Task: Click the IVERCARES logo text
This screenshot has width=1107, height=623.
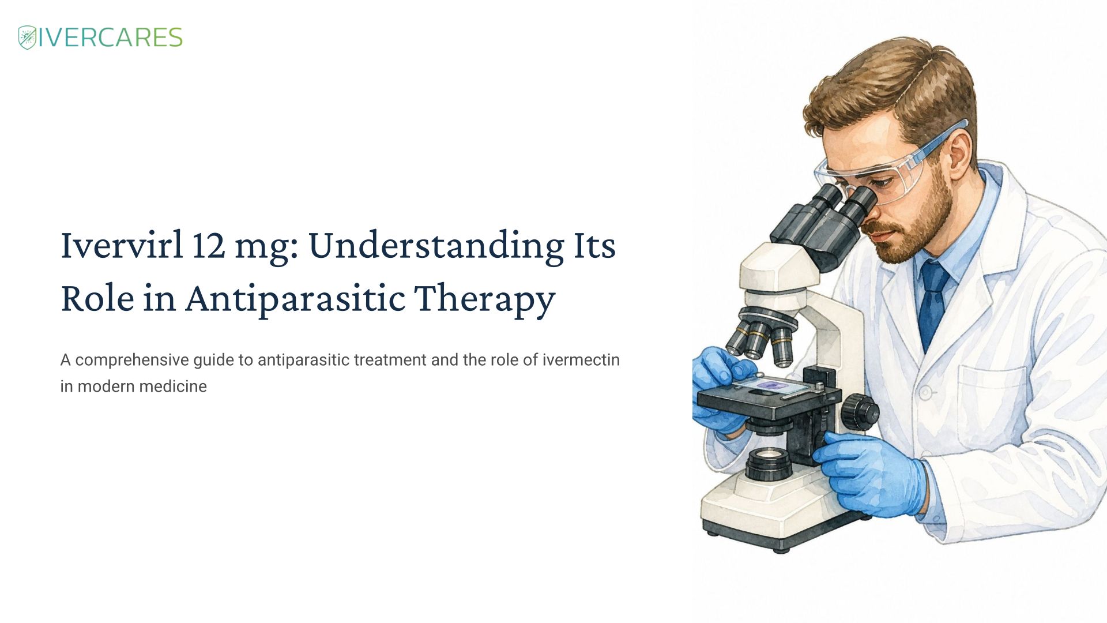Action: point(110,37)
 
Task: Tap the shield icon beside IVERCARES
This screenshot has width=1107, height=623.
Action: point(27,37)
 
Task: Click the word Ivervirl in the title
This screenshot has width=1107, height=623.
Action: point(122,245)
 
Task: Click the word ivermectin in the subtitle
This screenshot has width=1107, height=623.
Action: point(581,360)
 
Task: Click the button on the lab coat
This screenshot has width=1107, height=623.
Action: point(925,393)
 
